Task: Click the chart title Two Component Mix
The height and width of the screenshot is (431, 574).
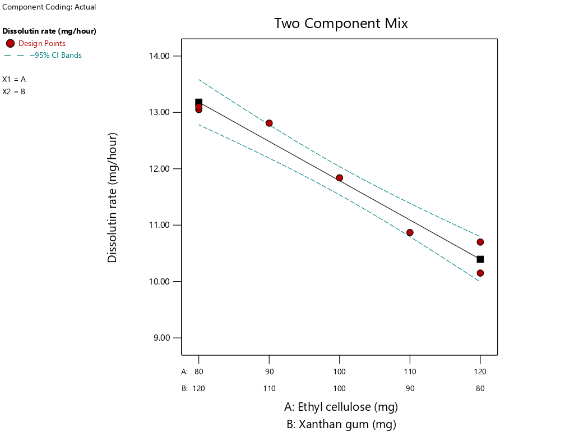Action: (341, 24)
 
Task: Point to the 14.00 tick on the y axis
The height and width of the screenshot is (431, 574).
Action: (162, 56)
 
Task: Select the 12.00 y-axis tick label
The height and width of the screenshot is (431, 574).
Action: (162, 169)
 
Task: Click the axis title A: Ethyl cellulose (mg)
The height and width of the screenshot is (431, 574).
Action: (341, 407)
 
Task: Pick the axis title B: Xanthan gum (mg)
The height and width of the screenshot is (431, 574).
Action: (341, 424)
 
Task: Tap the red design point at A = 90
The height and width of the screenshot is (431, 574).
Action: (269, 123)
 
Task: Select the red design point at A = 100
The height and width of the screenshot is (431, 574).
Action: (339, 178)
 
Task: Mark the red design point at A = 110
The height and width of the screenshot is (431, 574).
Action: (410, 232)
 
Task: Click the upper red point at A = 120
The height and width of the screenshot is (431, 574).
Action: (480, 242)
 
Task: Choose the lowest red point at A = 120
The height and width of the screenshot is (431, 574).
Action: (480, 273)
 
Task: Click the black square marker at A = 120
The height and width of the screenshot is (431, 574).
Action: (480, 259)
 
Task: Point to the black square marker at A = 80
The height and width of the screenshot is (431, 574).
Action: (198, 102)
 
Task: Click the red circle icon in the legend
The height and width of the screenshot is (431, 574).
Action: (10, 43)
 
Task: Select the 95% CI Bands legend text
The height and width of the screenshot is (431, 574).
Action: (55, 55)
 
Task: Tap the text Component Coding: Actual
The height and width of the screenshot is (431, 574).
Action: (49, 7)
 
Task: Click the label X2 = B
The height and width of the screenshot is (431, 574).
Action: (14, 91)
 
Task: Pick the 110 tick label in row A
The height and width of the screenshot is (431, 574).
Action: (410, 372)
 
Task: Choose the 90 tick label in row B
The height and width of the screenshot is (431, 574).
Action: (410, 388)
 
